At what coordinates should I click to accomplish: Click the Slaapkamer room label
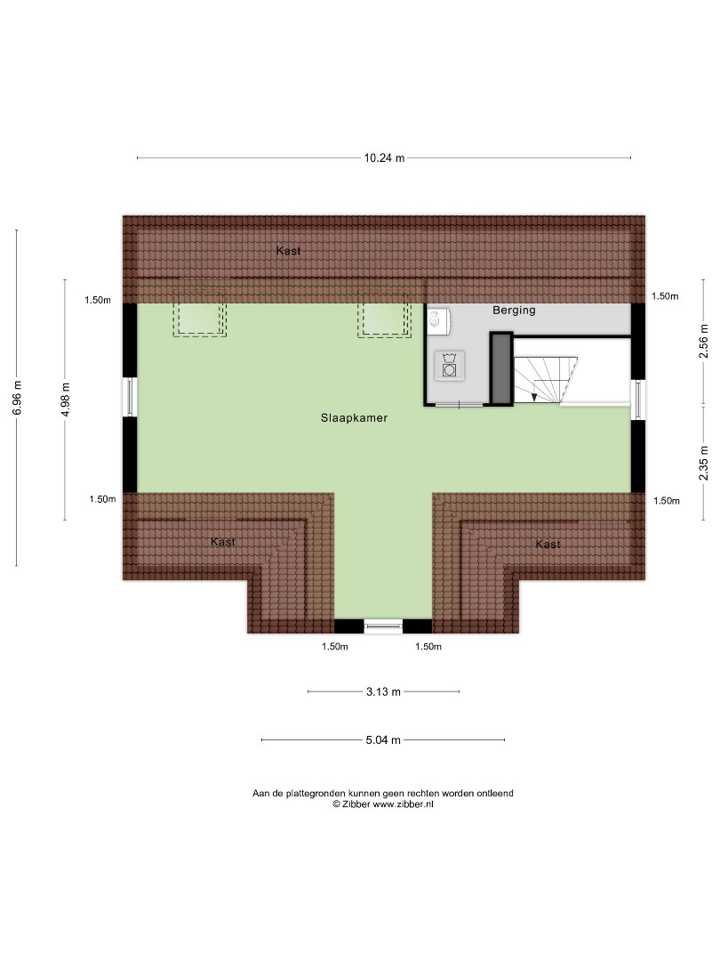[354, 418]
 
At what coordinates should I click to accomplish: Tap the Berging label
[514, 311]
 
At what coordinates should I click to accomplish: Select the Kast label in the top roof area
[288, 251]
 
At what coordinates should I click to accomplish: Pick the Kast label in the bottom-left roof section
[223, 542]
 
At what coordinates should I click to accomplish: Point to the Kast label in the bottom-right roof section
[548, 545]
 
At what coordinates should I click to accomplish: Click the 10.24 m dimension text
[385, 158]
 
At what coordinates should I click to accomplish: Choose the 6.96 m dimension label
[17, 398]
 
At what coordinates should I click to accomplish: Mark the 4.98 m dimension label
[66, 400]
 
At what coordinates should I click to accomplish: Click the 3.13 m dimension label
[383, 692]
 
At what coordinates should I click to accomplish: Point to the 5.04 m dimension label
[383, 740]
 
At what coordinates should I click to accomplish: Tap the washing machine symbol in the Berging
[449, 366]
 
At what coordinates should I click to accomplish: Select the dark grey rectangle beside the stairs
[501, 369]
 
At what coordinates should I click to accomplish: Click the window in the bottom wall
[383, 626]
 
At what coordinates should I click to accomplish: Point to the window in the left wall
[130, 397]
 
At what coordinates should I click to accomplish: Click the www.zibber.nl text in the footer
[403, 804]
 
